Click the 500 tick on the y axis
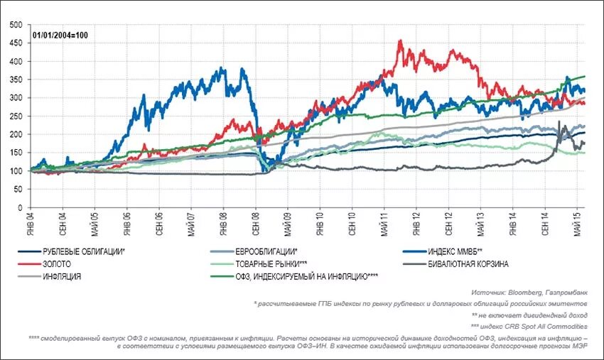click(15, 25)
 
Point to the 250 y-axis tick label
click(15, 116)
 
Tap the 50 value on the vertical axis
click(17, 190)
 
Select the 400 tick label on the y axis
click(15, 62)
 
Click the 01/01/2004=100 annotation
click(60, 35)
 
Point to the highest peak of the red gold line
click(401, 41)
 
